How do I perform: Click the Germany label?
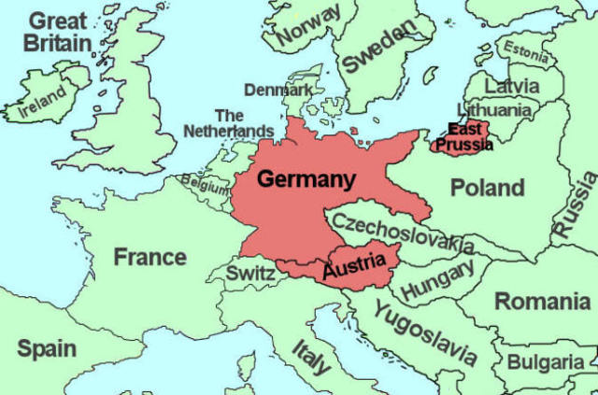[x=306, y=179]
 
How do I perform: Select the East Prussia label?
[x=464, y=137]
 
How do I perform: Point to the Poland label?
[x=487, y=188]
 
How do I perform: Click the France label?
[x=149, y=257]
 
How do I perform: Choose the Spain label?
[x=47, y=349]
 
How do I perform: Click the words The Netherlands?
[x=229, y=123]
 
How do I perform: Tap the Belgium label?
[x=206, y=184]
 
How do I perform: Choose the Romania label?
[x=541, y=302]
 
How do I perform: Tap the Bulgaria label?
[x=550, y=360]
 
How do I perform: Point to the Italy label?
[x=310, y=355]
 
